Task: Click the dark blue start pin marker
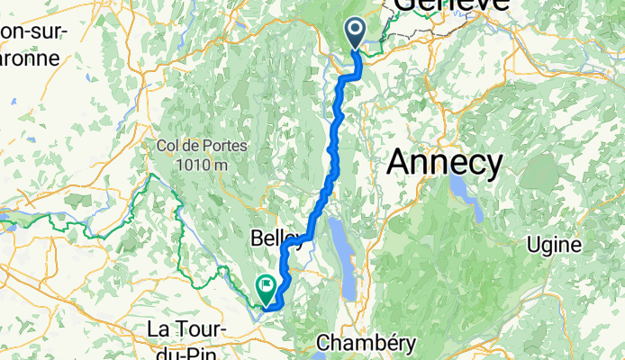click(356, 34)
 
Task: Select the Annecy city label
click(445, 163)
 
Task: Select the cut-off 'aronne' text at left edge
click(29, 58)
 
